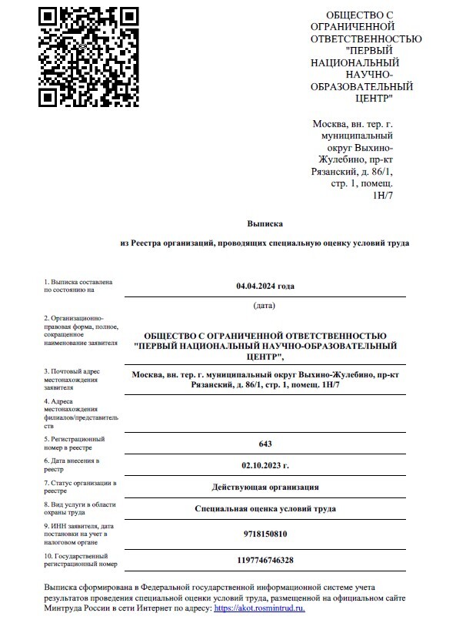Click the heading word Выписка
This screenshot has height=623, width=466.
(265, 223)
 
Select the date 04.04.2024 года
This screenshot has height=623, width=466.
(265, 286)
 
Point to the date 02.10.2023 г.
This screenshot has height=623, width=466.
(265, 466)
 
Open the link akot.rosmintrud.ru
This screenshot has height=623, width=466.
(253, 608)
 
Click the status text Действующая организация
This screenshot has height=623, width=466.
(265, 487)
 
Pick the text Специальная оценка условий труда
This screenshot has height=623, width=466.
(265, 509)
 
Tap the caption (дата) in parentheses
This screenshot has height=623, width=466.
(265, 306)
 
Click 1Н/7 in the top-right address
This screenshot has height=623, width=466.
(383, 196)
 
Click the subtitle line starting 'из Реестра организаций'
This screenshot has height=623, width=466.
(265, 243)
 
